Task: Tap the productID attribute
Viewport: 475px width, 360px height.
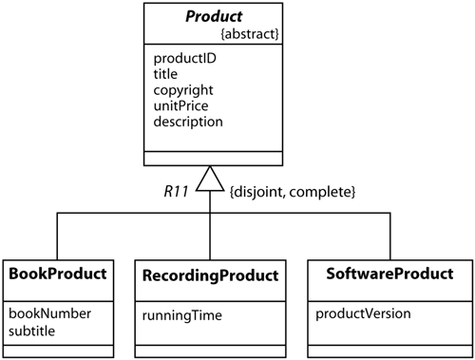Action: [x=182, y=58]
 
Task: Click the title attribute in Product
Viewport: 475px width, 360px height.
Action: [x=165, y=74]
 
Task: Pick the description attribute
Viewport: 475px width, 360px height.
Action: [x=188, y=123]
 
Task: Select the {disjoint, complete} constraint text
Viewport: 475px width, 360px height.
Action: [x=292, y=193]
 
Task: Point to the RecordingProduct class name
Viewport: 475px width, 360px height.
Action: [x=209, y=275]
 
